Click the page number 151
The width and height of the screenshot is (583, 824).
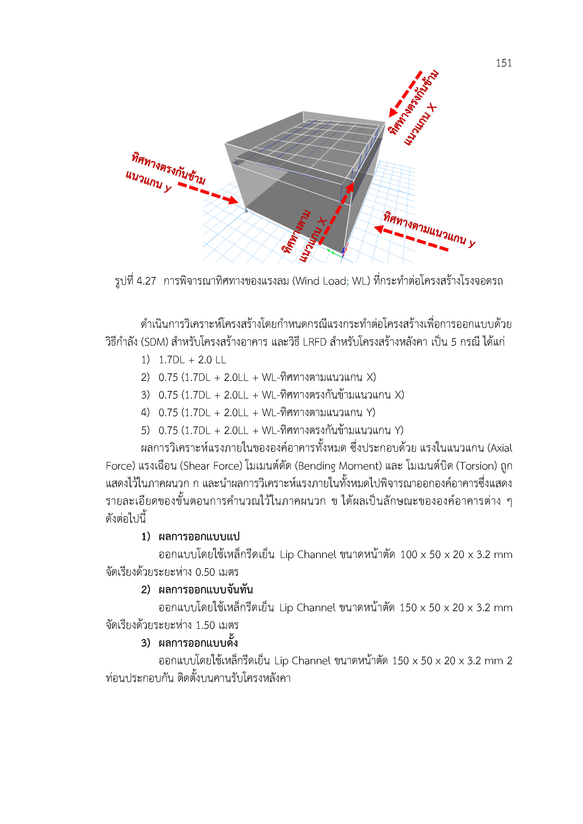point(503,63)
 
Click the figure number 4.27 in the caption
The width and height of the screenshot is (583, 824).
point(146,281)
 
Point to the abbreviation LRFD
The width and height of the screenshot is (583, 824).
point(314,342)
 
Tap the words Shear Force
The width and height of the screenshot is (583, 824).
point(212,466)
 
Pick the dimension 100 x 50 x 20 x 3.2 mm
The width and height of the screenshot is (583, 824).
point(456,555)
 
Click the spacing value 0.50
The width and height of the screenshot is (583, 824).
point(205,572)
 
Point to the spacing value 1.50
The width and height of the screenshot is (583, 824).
point(205,625)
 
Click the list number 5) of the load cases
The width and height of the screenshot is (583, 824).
point(145,430)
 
